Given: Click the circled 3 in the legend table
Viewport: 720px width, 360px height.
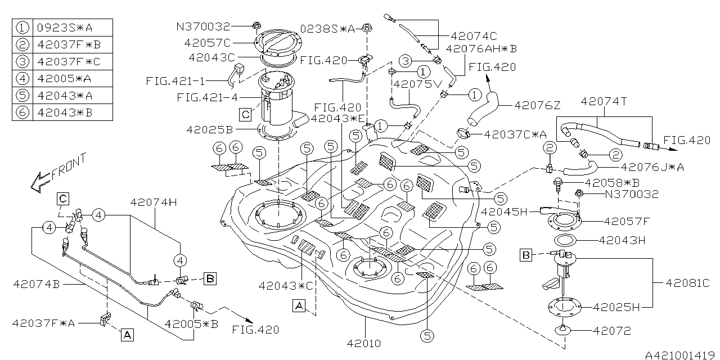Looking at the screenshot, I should point(22,61).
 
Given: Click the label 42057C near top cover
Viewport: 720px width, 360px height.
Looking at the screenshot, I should point(206,42).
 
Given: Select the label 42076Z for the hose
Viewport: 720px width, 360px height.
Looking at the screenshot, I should point(537,105).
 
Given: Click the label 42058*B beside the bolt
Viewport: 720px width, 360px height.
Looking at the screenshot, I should point(611,183).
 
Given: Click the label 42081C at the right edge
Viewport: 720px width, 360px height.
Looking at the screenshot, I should point(687,282).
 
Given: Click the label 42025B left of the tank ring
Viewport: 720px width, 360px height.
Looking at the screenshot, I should point(210,130).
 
